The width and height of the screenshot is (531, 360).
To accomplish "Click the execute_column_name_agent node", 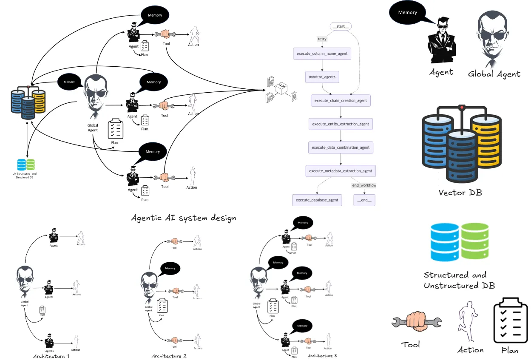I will click(322, 54).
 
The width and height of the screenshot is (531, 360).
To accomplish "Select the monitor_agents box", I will click(322, 77).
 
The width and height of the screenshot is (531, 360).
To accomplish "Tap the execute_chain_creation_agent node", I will click(341, 101).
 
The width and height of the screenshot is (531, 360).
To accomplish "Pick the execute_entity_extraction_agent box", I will click(341, 124).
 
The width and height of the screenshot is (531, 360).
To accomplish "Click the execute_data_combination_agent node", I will click(341, 147).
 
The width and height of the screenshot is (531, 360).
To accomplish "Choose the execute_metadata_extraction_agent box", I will click(341, 171).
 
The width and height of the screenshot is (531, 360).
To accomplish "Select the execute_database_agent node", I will click(317, 200).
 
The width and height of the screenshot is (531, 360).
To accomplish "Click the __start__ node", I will click(341, 27).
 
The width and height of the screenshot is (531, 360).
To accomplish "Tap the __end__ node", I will click(364, 200).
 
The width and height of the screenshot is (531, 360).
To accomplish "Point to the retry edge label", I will click(322, 39).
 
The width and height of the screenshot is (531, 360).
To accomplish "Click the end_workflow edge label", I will click(364, 185).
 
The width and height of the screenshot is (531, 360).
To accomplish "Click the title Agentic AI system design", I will click(184, 218).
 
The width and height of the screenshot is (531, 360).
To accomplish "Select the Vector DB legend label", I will click(460, 193).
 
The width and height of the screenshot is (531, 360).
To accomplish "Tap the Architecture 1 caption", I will click(51, 356).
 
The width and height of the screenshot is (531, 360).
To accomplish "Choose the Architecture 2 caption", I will click(169, 356).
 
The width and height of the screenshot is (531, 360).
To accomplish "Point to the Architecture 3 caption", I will click(322, 355).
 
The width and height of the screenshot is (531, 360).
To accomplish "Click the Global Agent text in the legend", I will click(494, 74).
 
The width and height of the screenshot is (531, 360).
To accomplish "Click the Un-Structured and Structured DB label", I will click(25, 176).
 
